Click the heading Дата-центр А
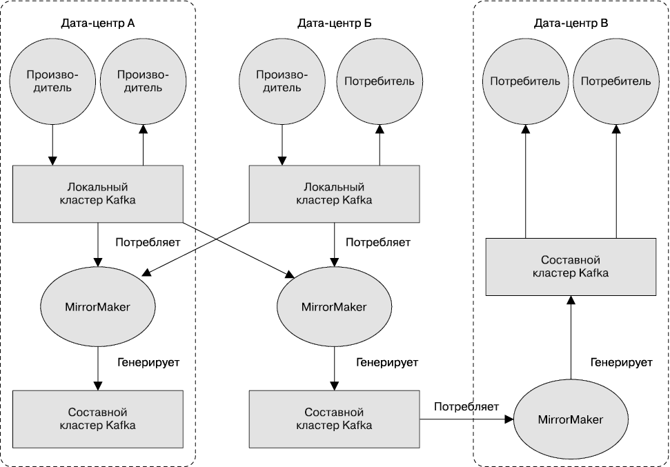pos(97,23)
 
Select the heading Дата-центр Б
pos(334,23)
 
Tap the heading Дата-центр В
pos(571,23)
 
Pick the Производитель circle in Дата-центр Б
pos(282,81)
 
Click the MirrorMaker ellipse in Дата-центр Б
pos(334,307)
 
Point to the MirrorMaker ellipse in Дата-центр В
pos(571,419)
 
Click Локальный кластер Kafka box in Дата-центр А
pos(97,194)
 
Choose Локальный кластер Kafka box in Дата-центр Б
pos(334,194)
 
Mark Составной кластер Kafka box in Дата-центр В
pos(571,267)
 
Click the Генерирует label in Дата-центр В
pos(623,361)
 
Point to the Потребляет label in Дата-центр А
pos(148,243)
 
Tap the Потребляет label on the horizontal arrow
pos(466,407)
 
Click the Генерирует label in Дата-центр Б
pos(386,361)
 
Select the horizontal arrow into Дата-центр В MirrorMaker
pos(466,419)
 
